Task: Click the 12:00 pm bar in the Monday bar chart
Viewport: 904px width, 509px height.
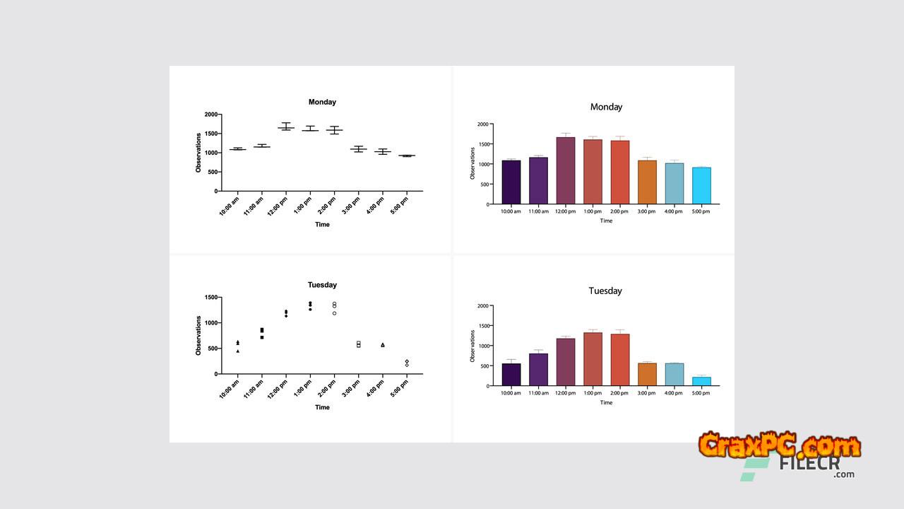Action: coord(566,170)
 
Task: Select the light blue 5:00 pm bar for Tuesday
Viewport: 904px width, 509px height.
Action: coord(701,381)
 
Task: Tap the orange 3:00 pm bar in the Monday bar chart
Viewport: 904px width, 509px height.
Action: coord(647,182)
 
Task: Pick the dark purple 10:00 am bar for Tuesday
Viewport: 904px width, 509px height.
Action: coord(511,374)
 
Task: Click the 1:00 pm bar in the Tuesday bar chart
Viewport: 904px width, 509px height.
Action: coord(593,358)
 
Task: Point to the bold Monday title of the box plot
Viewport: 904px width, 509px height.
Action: coord(322,103)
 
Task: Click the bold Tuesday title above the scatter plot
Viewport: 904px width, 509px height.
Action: coord(322,285)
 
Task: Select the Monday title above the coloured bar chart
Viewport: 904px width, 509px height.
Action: coord(606,107)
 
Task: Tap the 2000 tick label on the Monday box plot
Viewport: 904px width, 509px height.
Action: coord(210,115)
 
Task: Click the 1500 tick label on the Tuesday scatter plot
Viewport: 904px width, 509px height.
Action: coord(210,298)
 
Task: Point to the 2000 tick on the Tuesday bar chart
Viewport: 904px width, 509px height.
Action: coord(482,306)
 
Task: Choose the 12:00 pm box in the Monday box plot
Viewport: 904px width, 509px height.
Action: coord(285,127)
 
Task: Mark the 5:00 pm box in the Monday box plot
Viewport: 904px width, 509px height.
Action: coord(406,156)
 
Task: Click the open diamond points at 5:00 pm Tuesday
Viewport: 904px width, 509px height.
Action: coord(407,363)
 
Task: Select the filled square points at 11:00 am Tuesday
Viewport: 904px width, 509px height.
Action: coord(262,332)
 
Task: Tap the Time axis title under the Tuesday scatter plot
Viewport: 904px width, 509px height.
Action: coord(322,407)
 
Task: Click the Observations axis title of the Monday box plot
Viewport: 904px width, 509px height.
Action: coord(198,152)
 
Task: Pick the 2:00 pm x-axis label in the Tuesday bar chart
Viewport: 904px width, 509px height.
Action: coord(619,393)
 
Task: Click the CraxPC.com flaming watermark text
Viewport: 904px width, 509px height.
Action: coord(780,446)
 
